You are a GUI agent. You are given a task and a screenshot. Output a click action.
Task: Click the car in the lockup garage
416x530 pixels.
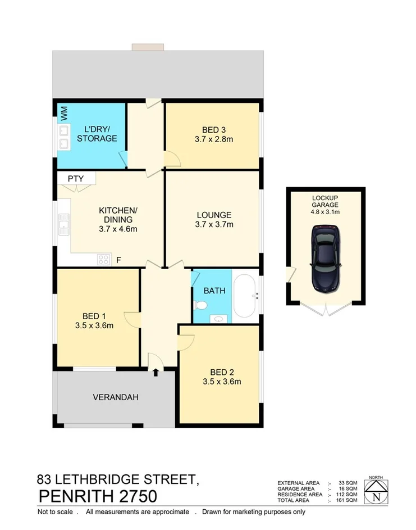[326, 259]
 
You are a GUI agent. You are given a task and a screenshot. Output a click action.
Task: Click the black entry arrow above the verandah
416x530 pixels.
[156, 372]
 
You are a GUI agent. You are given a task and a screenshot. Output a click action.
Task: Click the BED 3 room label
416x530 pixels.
[213, 127]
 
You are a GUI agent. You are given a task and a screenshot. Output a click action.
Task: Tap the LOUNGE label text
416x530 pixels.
[214, 215]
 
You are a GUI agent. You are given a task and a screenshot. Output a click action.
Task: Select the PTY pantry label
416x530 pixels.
[76, 179]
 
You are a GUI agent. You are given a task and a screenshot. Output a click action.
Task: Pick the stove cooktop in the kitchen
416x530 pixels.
[104, 260]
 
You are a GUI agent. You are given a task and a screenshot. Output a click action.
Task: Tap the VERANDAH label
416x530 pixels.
[116, 397]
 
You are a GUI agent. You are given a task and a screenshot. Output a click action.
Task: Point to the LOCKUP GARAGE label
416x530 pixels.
[326, 201]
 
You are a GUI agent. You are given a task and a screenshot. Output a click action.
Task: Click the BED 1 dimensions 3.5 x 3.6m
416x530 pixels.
[95, 325]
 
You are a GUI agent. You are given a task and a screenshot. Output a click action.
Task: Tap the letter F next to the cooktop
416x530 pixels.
[118, 260]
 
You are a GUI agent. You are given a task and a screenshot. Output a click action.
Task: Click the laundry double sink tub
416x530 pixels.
[63, 138]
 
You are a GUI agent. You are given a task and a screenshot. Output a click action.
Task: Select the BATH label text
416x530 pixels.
[214, 291]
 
